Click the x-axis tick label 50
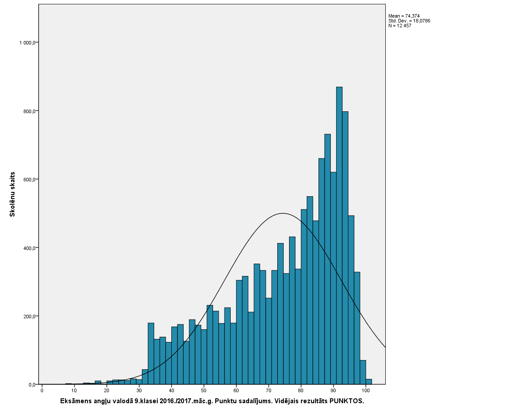pos(204,390)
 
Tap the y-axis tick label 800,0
pos(29,111)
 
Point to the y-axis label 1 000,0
pos(27,43)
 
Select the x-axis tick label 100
pos(366,390)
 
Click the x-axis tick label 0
pos(42,390)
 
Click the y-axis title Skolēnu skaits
pos(13,194)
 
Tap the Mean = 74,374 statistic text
pos(404,16)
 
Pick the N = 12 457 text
pos(400,26)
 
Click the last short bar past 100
pos(369,382)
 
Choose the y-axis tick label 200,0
pos(29,316)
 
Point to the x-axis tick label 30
pos(139,390)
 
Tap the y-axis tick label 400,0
pos(29,248)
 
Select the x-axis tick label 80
pos(301,390)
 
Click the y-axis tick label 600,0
pos(29,179)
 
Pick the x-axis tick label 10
pos(74,390)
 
